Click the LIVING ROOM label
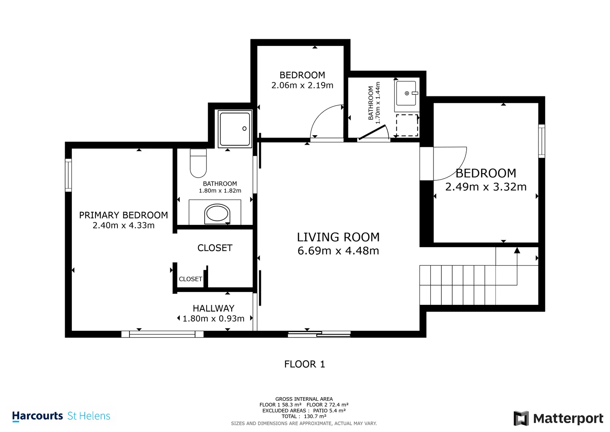(338, 237)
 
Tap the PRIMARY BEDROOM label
(123, 215)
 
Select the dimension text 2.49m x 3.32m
(486, 187)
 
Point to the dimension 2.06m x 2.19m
(302, 85)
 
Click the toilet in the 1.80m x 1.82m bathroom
(198, 163)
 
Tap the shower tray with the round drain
(235, 129)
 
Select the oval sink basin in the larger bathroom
(217, 213)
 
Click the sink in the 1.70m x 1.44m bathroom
(406, 94)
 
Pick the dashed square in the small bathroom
(407, 125)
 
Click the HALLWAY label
(213, 308)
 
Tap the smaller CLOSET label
(190, 279)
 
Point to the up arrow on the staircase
(517, 251)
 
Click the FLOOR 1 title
(304, 364)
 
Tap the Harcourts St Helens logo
(61, 416)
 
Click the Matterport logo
(558, 418)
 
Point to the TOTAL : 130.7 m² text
(304, 416)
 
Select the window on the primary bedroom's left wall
(68, 175)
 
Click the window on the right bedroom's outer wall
(541, 141)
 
